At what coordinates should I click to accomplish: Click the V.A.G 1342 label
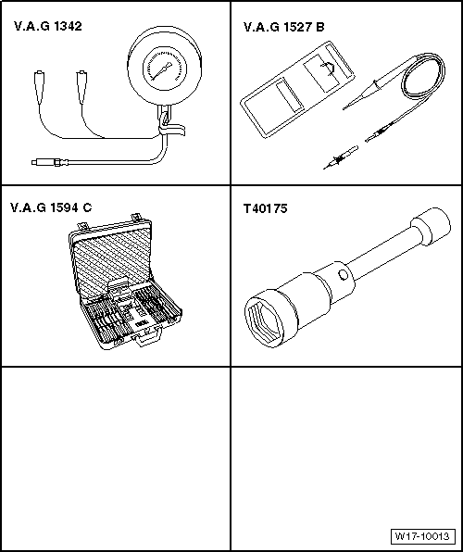point(48,27)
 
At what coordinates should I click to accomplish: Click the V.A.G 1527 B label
point(283,27)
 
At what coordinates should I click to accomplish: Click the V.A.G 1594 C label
point(51,207)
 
